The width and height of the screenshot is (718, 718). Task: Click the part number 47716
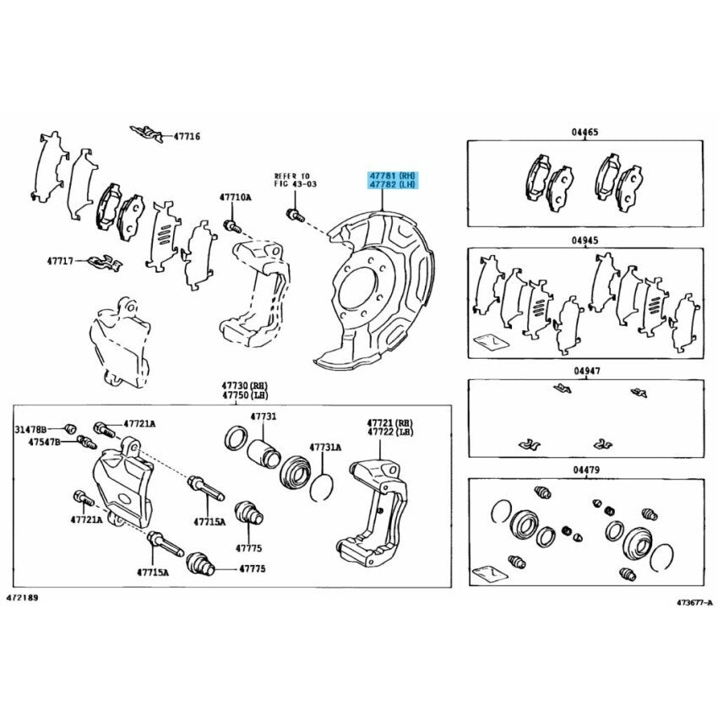(187, 137)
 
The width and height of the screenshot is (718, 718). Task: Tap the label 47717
(60, 261)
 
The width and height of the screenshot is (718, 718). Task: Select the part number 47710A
(235, 198)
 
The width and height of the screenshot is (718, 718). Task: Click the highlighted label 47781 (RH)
(394, 176)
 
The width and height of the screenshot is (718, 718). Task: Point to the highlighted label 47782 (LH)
(394, 184)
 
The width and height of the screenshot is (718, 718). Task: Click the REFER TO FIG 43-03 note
(296, 180)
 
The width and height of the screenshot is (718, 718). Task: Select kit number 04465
(585, 133)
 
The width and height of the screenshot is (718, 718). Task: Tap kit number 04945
(585, 241)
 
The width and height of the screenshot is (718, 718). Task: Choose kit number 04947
(586, 371)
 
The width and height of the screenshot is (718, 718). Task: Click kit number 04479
(586, 470)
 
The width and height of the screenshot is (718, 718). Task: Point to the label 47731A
(325, 448)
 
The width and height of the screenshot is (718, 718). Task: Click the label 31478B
(30, 429)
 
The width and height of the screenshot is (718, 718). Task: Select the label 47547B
(44, 443)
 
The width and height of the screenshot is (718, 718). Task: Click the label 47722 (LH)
(389, 432)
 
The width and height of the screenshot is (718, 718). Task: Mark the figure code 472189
(22, 598)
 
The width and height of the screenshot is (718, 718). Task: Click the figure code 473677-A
(694, 602)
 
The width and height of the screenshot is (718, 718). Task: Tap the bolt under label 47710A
(232, 226)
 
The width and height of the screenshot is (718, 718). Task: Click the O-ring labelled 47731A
(322, 487)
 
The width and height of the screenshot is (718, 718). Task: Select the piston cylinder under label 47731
(264, 454)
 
